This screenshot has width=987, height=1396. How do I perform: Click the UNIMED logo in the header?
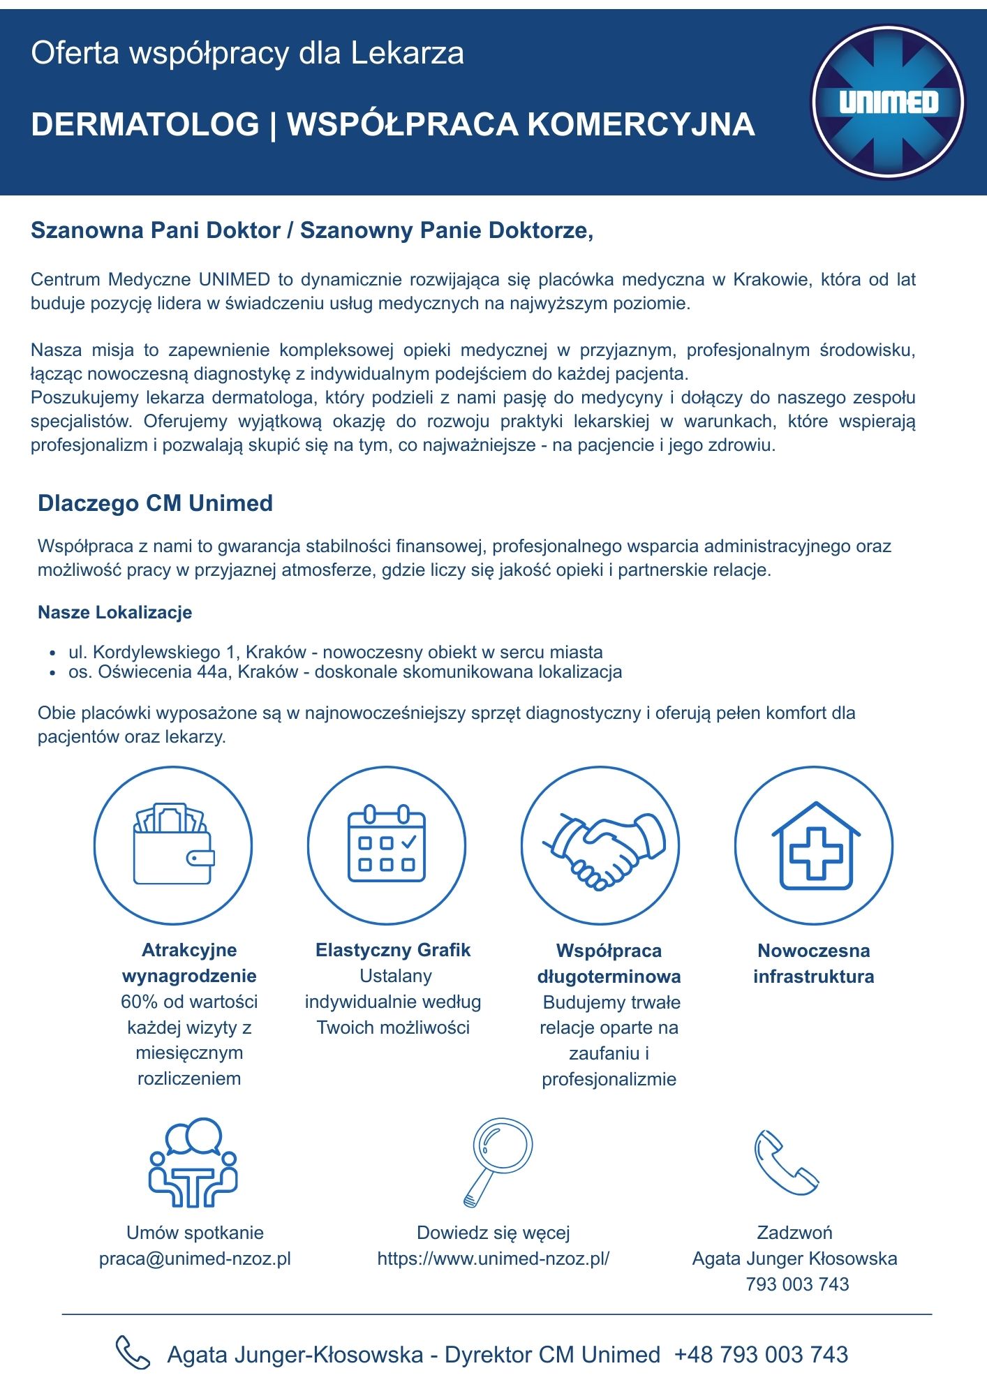pyautogui.click(x=887, y=102)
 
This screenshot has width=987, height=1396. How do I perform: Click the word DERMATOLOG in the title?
pyautogui.click(x=145, y=125)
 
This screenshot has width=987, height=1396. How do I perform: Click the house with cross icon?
pyautogui.click(x=814, y=846)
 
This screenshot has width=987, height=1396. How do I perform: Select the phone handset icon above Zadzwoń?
pyautogui.click(x=785, y=1162)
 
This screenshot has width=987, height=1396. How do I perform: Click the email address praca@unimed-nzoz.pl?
pyautogui.click(x=195, y=1258)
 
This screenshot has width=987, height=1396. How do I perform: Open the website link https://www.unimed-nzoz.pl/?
pyautogui.click(x=493, y=1258)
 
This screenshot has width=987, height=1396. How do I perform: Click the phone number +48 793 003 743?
pyautogui.click(x=761, y=1355)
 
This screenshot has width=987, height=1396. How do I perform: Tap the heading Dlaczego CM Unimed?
pyautogui.click(x=155, y=503)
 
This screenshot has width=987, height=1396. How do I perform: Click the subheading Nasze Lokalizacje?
pyautogui.click(x=114, y=613)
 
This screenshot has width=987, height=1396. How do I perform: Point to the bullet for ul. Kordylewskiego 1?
pyautogui.click(x=52, y=654)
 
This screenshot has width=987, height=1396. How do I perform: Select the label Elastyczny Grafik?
pyautogui.click(x=393, y=950)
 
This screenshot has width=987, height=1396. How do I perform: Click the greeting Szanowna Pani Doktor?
pyautogui.click(x=155, y=230)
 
